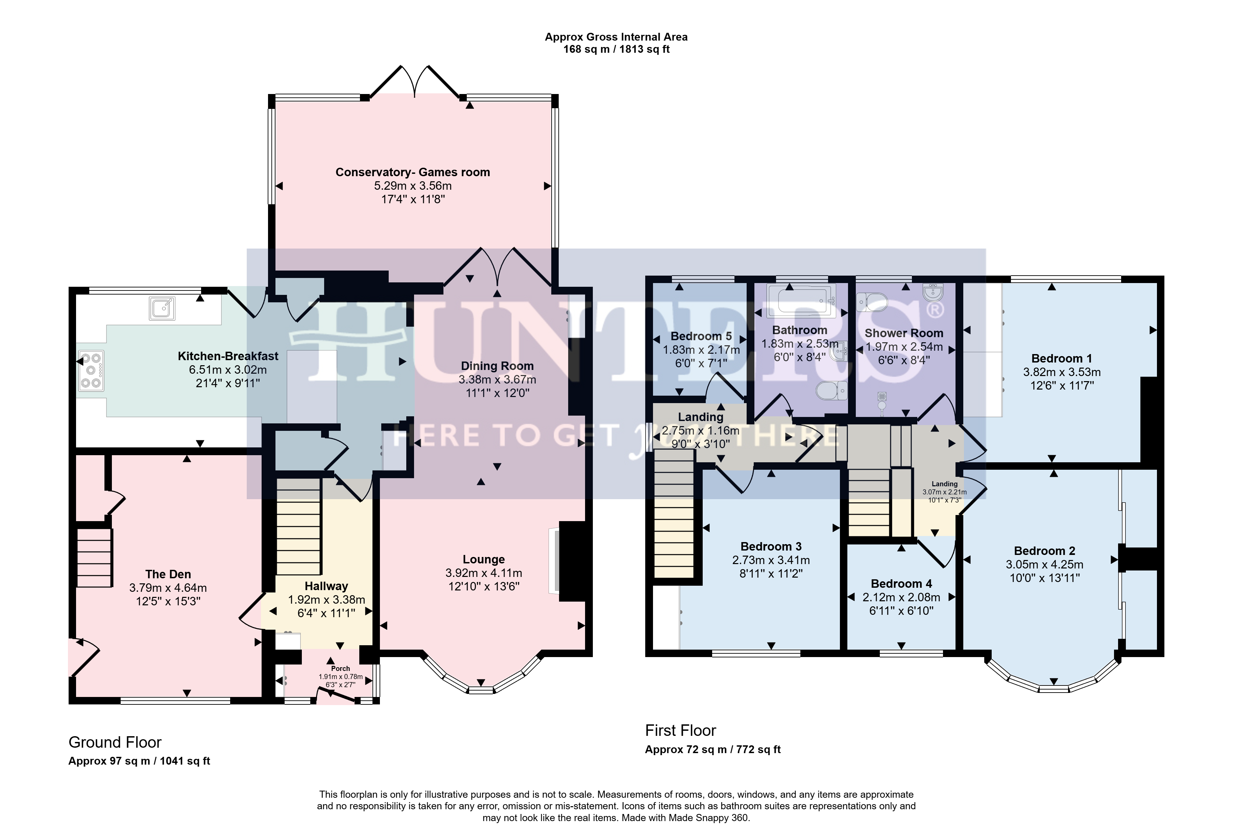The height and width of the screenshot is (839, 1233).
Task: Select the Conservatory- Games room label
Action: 413,172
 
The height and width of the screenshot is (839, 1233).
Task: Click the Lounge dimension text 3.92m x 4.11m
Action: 484,573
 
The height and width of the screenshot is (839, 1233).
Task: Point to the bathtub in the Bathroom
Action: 801,300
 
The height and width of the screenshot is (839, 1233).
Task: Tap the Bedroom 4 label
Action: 901,584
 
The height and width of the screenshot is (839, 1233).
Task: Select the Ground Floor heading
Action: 115,742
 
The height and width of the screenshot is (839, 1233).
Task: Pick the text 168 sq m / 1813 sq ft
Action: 616,49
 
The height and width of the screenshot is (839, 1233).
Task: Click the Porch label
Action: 341,669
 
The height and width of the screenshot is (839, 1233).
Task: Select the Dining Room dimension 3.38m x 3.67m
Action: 498,379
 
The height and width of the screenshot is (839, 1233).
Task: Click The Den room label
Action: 168,574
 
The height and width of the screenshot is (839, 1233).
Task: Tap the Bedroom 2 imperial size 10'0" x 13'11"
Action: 1045,578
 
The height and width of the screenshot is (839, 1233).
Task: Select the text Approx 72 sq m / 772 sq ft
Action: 713,749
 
